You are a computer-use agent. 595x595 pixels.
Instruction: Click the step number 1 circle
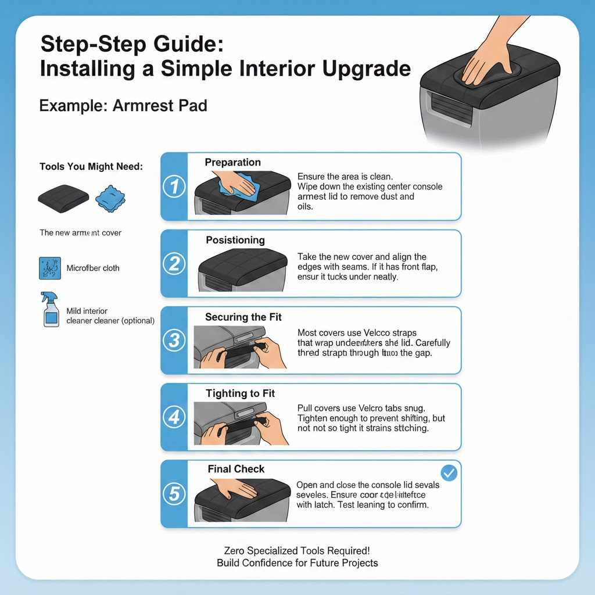coord(174,187)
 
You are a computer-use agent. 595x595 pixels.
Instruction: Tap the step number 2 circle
coord(174,264)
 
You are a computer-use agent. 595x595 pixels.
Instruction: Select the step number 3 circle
coord(174,340)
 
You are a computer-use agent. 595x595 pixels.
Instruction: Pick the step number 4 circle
coord(174,417)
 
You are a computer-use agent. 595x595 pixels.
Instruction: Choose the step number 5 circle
coord(174,494)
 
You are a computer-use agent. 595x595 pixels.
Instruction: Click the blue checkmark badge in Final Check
coord(449,473)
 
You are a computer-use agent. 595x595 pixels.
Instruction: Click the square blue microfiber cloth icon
coord(50,268)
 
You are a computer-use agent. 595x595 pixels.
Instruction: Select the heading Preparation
coord(232,163)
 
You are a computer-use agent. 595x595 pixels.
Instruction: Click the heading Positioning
coord(235,240)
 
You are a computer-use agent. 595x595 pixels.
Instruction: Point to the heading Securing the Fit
coord(243,317)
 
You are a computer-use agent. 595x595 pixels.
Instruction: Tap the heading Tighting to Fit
coord(240,394)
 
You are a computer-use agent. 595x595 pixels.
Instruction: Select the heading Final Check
coord(236,469)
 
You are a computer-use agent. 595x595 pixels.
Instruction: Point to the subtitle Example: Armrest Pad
coord(123,106)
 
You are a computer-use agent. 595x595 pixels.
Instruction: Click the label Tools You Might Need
coord(91,167)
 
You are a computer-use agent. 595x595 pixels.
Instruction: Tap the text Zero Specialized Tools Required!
coord(297,550)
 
